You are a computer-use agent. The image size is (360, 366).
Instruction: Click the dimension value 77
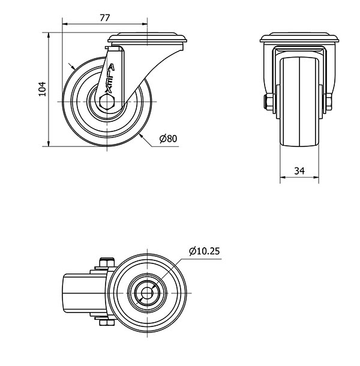point(105,18)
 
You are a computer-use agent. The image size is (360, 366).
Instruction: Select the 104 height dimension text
point(42,89)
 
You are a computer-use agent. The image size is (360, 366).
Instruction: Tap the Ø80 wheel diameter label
point(168,139)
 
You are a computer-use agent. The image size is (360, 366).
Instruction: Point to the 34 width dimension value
point(299,171)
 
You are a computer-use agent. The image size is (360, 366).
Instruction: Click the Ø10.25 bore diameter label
point(205,251)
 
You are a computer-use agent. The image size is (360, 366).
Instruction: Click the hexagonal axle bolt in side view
point(106,102)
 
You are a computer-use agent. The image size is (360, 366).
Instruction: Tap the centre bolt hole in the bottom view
point(148,293)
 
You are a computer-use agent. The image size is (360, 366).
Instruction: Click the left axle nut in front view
point(269,102)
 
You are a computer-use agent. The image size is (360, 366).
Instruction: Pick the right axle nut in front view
point(328,102)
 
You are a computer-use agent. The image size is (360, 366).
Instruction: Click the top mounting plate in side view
point(148,37)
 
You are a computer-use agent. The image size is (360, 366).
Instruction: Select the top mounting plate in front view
point(299,37)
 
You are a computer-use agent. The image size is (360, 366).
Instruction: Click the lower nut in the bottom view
point(107,322)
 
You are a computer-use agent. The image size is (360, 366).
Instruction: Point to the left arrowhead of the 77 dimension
point(65,24)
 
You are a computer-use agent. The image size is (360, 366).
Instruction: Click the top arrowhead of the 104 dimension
point(49,35)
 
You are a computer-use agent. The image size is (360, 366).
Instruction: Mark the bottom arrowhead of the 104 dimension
point(49,144)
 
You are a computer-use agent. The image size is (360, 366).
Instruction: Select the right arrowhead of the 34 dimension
point(316,178)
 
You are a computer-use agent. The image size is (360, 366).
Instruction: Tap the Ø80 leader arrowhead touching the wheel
point(141,136)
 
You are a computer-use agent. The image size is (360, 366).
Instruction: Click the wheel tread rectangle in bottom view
point(86,293)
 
